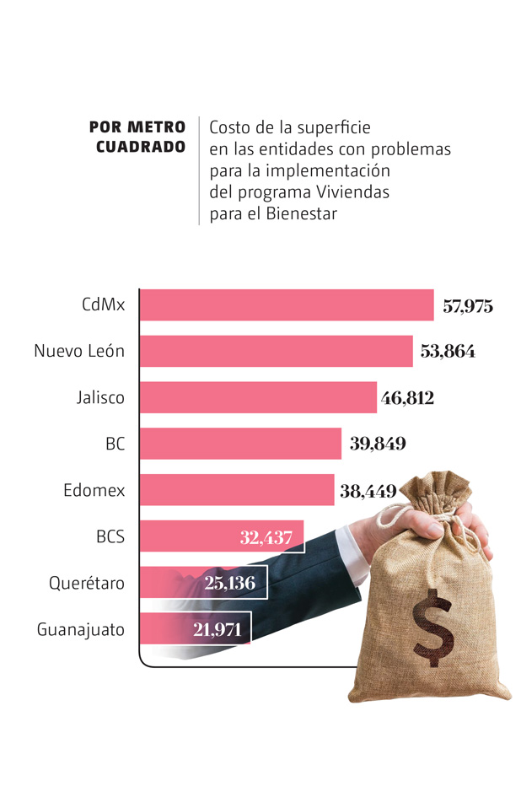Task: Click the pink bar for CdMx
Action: point(286,305)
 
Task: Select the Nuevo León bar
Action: point(276,351)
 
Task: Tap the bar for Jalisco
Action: point(257,397)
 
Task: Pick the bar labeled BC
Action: point(239,444)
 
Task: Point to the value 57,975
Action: point(468,306)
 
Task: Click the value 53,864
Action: point(448,352)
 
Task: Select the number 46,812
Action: point(407,398)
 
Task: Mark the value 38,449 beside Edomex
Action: point(368,490)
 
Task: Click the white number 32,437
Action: point(266,536)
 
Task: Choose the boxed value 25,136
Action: point(229,583)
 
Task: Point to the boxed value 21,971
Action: point(217,628)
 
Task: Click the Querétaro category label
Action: point(86,583)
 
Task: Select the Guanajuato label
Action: point(81,629)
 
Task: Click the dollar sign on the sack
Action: point(432,626)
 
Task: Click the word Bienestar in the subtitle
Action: point(301,213)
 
